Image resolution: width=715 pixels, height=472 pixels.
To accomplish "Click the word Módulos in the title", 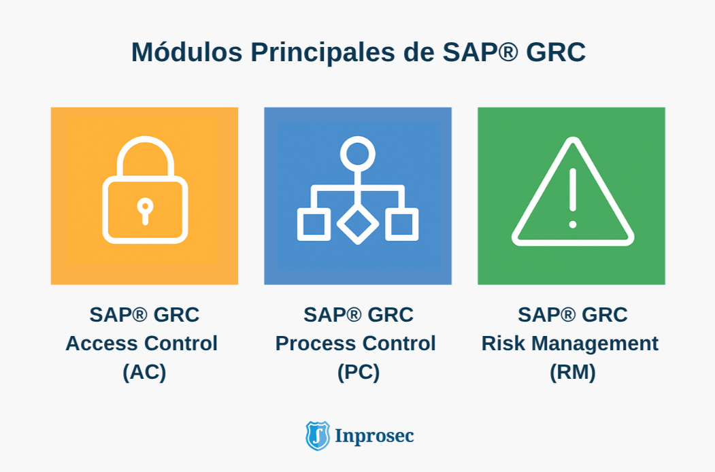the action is point(186,51).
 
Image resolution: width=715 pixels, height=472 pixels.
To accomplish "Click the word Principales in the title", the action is point(323,52).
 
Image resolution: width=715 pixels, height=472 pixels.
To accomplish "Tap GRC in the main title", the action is point(556,52).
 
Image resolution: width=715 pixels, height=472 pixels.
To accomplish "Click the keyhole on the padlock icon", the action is point(145,211).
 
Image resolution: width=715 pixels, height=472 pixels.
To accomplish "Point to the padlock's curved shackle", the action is point(146,139).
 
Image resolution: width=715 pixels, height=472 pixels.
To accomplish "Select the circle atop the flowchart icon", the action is point(358,154).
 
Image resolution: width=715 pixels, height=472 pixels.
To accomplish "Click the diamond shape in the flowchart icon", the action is point(358,224).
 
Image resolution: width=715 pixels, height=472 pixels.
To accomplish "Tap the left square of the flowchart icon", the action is point(314,224).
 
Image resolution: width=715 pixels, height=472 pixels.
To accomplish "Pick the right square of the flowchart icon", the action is point(402,224).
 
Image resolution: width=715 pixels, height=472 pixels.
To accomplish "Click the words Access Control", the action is point(142,343).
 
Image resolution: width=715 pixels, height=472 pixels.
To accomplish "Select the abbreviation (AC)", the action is point(144,372).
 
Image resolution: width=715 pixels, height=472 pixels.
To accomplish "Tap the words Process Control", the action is point(355,343).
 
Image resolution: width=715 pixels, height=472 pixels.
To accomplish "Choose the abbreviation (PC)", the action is point(359,372).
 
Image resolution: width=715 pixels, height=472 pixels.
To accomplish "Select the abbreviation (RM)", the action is point(573,372).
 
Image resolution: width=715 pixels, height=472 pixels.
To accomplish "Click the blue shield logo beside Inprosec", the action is point(318,435).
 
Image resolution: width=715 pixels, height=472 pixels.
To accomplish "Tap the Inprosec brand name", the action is point(374,436).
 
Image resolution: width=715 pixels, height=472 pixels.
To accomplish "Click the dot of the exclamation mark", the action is point(573,224).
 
